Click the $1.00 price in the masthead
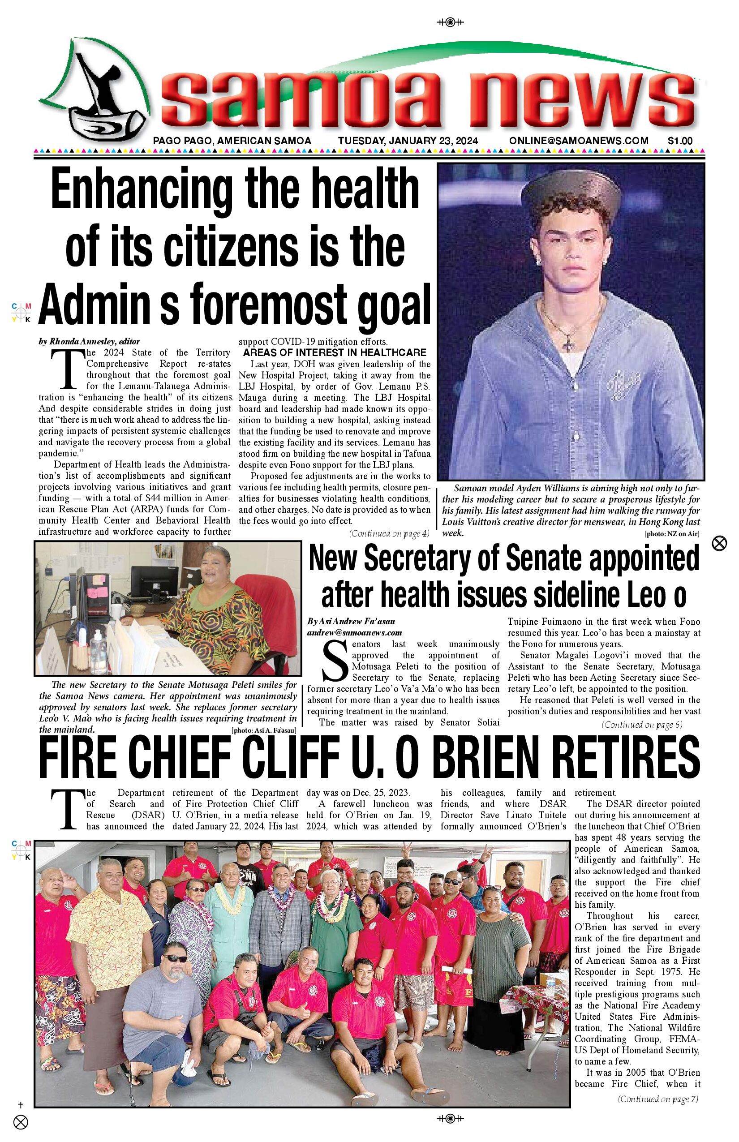coord(679,141)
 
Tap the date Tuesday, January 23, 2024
coord(408,141)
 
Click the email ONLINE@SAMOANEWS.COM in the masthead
coord(579,141)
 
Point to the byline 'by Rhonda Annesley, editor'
coord(89,342)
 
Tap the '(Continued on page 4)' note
coord(389,533)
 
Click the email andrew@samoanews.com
coord(354,632)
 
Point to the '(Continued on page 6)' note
coord(641,725)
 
